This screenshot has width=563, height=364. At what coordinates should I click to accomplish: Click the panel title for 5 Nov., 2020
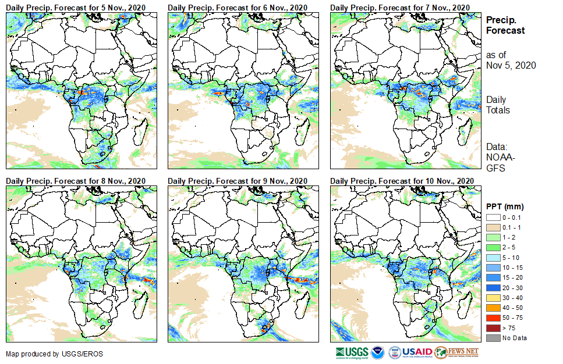[76, 6]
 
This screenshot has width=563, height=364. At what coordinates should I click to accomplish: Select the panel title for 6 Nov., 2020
[238, 6]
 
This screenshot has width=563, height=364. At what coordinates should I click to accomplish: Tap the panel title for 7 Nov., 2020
[399, 6]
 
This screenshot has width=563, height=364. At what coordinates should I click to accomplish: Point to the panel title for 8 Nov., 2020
[76, 181]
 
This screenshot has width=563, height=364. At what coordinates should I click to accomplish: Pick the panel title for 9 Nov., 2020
[238, 181]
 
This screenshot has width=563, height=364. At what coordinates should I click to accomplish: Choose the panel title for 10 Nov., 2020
[402, 181]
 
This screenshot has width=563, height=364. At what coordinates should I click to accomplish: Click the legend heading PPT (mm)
[505, 206]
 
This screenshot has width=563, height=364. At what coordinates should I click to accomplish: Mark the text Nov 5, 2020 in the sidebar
[511, 65]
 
